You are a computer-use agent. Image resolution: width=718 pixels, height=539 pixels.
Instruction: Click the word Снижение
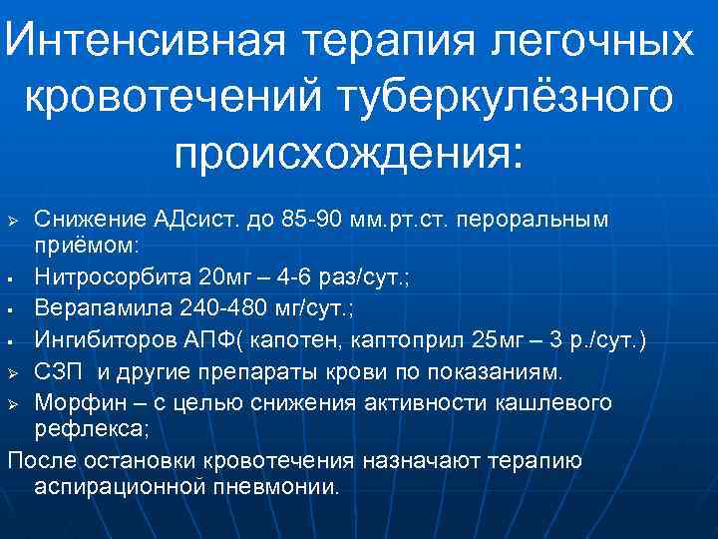[x=78, y=219]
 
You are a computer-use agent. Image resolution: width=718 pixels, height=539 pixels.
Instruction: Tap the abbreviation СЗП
[x=54, y=372]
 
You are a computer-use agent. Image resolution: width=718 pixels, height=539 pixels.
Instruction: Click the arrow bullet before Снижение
[x=13, y=220]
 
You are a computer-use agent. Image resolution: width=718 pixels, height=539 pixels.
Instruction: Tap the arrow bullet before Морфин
[x=13, y=402]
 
